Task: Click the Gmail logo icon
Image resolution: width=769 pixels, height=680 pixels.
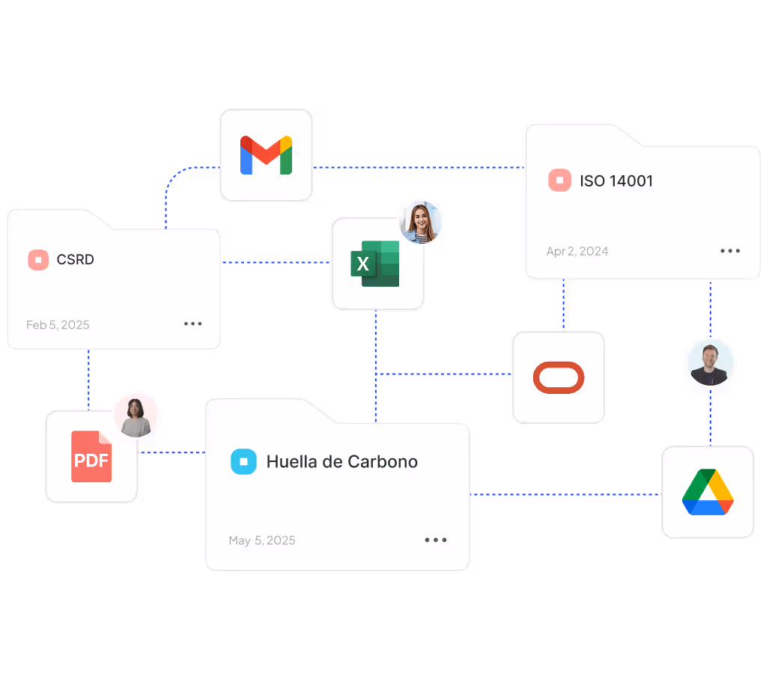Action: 266,155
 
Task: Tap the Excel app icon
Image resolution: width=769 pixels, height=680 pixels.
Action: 376,264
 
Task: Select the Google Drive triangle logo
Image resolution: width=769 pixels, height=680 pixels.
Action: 708,493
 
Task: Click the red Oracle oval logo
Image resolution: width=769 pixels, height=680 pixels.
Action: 559,377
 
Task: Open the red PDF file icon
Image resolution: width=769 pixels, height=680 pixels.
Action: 92,457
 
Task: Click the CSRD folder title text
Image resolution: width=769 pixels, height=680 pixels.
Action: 76,260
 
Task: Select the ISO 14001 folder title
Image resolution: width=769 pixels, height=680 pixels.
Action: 616,180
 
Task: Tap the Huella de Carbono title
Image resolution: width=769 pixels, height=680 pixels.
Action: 342,461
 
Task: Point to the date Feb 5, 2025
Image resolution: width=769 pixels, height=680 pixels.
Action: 58,324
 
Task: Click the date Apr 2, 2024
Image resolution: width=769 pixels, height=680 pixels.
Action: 577,251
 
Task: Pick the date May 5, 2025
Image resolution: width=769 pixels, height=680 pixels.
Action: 262,540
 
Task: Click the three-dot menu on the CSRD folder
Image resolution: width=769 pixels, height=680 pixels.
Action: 193,324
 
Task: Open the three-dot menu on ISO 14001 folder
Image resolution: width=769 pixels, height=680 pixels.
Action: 730,251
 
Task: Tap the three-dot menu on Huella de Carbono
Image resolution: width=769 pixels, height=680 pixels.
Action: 436,540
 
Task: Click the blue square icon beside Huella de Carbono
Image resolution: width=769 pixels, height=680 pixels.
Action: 243,461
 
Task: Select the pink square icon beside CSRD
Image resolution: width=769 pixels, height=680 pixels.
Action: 38,260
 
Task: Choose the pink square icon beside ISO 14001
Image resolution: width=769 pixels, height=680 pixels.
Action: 559,180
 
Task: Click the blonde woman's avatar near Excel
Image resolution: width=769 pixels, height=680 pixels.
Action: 421,222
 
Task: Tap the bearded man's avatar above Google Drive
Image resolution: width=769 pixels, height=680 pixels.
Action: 711,363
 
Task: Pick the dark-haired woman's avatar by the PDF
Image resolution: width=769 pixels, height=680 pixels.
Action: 136,415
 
